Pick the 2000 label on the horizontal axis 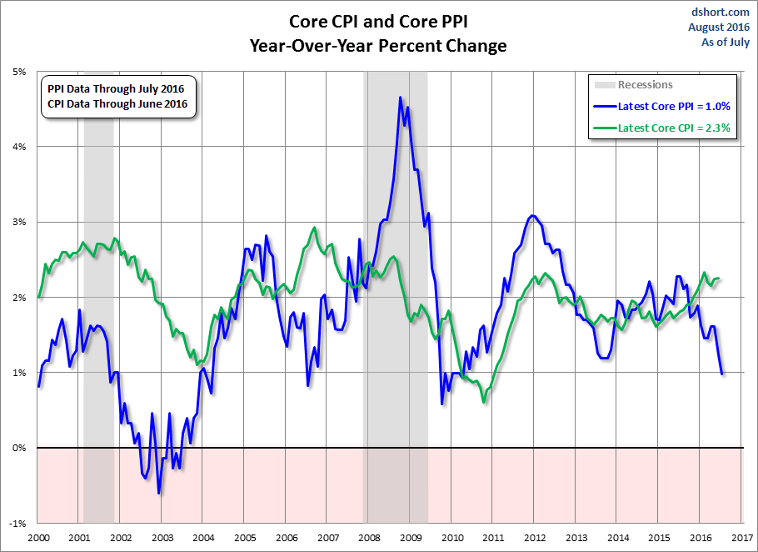pos(38,538)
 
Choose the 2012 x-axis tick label pos(535,538)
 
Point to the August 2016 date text pos(718,28)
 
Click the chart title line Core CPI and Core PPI pos(377,21)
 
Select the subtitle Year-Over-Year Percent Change pos(377,46)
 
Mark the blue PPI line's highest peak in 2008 pos(401,98)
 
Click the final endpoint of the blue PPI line pos(722,374)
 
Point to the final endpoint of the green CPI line pos(718,279)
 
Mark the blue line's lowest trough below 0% pos(159,494)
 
